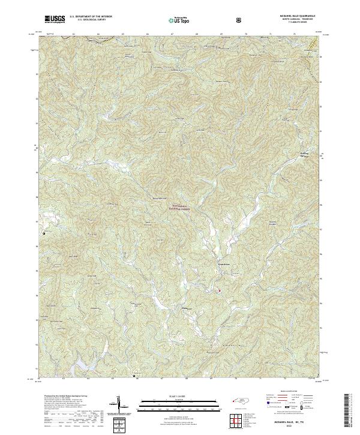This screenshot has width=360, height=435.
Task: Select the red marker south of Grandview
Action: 219,292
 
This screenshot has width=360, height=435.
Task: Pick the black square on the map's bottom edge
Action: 133,376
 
